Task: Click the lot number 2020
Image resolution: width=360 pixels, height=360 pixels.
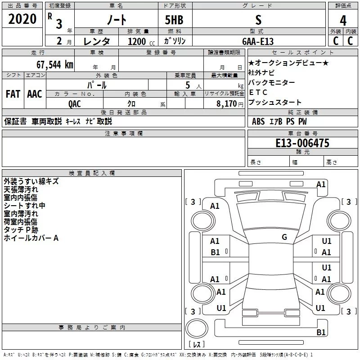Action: [x=22, y=19]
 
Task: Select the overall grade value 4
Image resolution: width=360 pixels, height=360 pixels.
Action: [x=343, y=20]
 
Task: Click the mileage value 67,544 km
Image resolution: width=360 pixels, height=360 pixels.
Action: [x=54, y=64]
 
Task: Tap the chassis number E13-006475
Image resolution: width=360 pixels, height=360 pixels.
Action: [x=302, y=143]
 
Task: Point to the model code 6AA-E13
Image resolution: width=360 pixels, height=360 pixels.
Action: [x=258, y=41]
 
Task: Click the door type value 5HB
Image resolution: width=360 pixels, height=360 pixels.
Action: [x=174, y=20]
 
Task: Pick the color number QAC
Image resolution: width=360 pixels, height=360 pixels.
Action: [x=75, y=103]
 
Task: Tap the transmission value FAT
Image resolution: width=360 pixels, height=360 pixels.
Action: [x=13, y=94]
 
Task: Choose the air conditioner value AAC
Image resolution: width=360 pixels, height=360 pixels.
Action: [x=35, y=94]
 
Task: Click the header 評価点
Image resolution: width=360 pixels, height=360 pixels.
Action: [x=343, y=5]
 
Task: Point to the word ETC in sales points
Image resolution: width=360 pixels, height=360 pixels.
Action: [x=258, y=92]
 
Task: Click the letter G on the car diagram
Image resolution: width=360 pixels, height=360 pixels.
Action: [x=284, y=237]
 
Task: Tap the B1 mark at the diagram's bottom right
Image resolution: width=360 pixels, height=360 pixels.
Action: [x=320, y=333]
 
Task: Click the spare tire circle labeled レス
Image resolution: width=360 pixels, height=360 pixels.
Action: [x=197, y=331]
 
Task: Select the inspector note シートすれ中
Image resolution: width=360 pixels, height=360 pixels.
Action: [x=24, y=206]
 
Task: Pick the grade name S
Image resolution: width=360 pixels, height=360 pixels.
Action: [x=258, y=20]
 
